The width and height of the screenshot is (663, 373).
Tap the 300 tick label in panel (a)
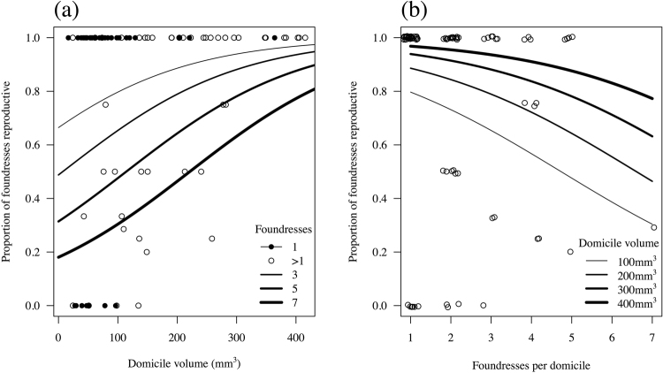coord(236,336)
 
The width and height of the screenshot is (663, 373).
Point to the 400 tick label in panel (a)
coord(295,336)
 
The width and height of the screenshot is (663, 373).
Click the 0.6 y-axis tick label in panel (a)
coord(32,145)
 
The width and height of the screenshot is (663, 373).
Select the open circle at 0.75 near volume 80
coord(105,104)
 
